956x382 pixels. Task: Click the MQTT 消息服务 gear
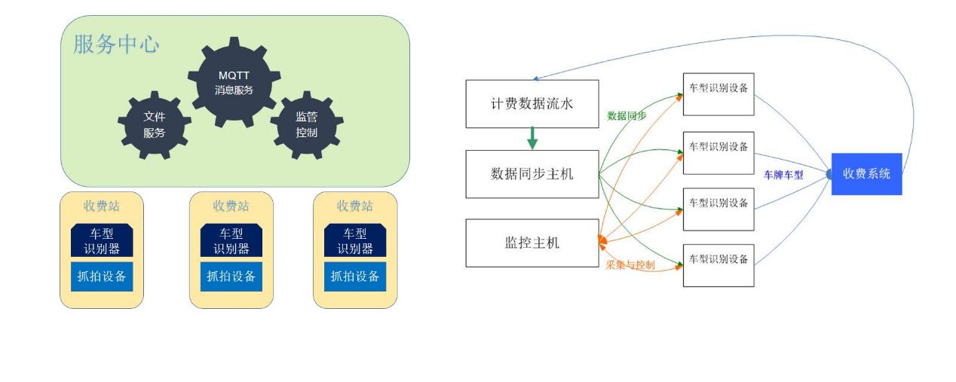pos(234,82)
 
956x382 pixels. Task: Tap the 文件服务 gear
pos(154,125)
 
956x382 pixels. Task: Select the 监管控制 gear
pos(306,125)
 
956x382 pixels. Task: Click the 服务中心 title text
pos(116,44)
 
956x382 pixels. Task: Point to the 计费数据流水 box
pos(532,104)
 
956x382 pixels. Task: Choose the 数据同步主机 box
pos(532,174)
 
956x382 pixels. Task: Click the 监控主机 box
pos(532,243)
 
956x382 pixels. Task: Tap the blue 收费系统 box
pos(866,174)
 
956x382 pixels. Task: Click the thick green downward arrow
pos(532,138)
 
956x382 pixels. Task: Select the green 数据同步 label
pos(627,115)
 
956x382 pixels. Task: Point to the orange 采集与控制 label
pos(630,264)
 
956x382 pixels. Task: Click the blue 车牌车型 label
pos(783,175)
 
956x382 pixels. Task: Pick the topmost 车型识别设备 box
pos(719,94)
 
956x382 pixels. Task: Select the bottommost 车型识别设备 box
pos(719,266)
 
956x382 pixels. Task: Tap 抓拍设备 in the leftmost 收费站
pos(102,277)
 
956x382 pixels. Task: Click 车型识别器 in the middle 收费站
pos(231,240)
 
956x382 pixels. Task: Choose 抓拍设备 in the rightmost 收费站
pos(354,277)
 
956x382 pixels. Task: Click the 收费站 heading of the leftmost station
pos(102,206)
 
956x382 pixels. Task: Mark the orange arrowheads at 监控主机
pos(602,241)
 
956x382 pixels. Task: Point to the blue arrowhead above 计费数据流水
pos(535,78)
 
